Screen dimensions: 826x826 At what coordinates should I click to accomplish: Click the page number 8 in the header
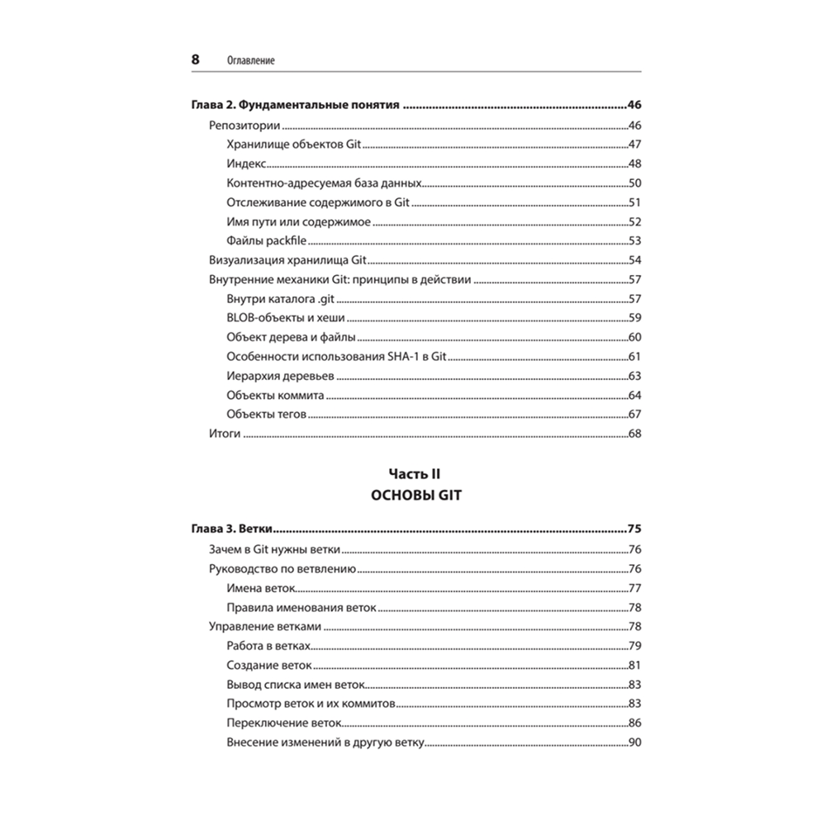click(195, 59)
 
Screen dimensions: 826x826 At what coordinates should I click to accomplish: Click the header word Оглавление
click(249, 61)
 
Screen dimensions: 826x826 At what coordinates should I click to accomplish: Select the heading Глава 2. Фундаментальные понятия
click(295, 105)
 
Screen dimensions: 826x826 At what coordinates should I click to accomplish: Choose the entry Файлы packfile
click(267, 241)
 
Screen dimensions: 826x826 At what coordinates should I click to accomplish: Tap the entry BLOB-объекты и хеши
click(285, 318)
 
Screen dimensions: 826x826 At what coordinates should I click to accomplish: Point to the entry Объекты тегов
click(266, 415)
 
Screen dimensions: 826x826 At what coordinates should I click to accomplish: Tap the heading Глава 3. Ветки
click(233, 529)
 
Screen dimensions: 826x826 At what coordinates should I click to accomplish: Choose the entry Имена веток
click(260, 588)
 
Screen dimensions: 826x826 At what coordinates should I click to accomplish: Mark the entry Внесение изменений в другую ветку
click(325, 743)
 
